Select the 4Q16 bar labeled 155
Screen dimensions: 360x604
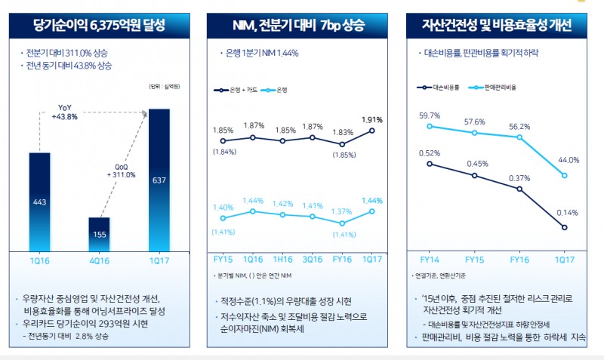point(99,235)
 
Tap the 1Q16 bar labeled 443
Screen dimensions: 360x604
point(39,202)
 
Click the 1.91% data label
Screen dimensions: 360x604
point(372,119)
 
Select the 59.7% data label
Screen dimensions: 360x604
point(429,115)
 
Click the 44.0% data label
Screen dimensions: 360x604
point(569,160)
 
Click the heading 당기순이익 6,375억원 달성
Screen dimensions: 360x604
point(99,26)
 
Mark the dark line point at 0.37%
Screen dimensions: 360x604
point(519,189)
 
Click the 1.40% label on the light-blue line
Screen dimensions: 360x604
point(223,208)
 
